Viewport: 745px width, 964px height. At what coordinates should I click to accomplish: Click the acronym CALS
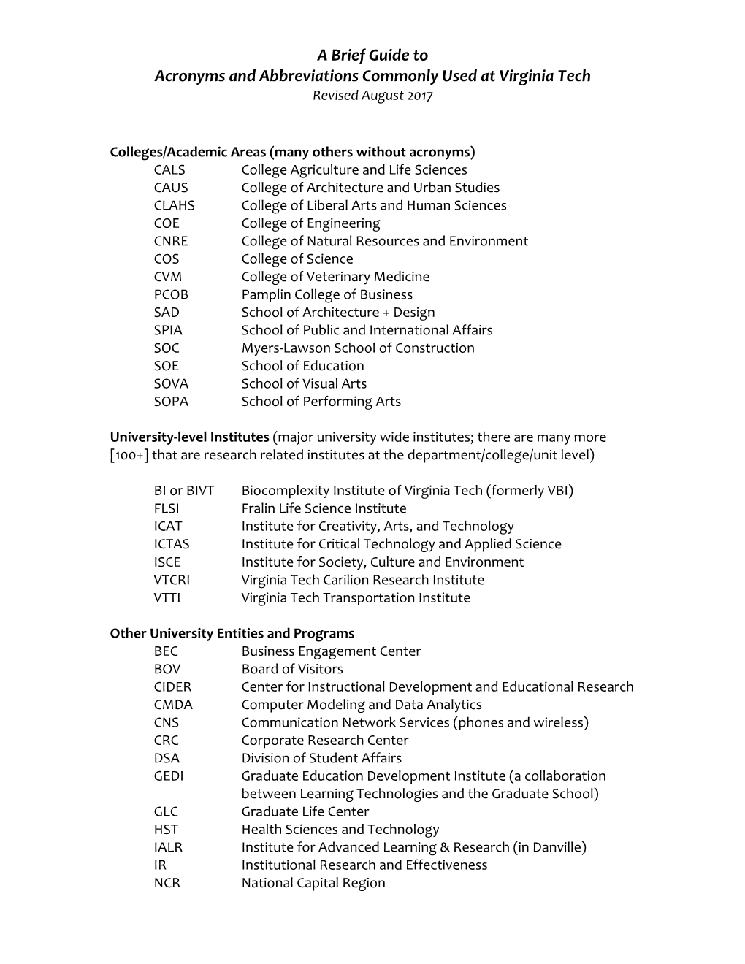pos(169,170)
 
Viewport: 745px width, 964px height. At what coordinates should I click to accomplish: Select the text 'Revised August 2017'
pos(372,96)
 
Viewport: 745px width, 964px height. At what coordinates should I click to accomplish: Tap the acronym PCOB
pos(171,295)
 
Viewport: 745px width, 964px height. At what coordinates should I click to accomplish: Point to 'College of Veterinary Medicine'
pos(335,277)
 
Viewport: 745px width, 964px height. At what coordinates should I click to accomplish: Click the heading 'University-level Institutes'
pos(189,437)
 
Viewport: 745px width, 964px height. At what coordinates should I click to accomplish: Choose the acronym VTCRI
pos(172,580)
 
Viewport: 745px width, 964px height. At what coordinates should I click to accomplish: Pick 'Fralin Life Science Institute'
pos(324,509)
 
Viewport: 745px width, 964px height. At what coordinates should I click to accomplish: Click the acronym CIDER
pos(172,687)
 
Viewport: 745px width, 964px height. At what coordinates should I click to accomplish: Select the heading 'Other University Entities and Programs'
pos(232,634)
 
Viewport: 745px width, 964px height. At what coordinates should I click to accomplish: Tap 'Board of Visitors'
pos(292,669)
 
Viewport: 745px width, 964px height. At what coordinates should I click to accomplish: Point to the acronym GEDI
pos(169,776)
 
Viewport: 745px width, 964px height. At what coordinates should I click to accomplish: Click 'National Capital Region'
pos(313,883)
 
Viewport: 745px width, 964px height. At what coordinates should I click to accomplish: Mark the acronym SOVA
pos(171,384)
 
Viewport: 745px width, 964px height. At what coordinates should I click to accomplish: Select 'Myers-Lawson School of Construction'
pos(358,348)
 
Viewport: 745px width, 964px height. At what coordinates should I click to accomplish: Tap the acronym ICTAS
pos(172,545)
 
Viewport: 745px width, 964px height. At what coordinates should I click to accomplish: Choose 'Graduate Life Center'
pos(305,812)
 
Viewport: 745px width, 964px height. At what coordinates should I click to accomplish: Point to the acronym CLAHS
pos(175,206)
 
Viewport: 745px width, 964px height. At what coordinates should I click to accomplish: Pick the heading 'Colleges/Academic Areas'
pos(188,153)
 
